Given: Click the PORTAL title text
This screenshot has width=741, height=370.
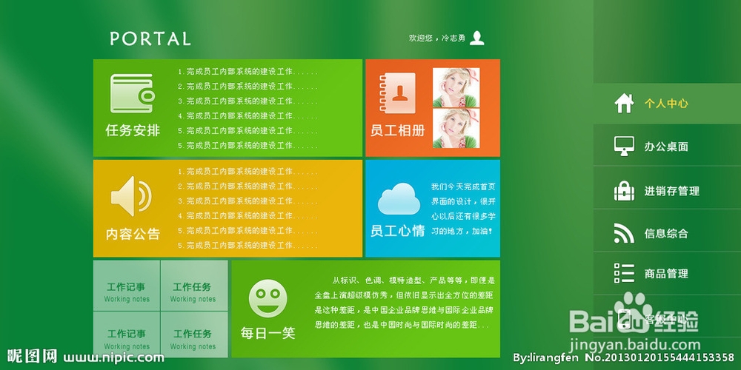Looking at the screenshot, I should (x=150, y=38).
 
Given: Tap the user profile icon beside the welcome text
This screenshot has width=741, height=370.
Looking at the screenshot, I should (x=477, y=38).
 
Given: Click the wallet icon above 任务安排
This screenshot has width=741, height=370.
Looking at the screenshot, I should (x=132, y=93).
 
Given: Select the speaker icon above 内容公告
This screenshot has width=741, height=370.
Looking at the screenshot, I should (x=131, y=196).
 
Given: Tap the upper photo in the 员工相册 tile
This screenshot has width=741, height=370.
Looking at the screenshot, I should (x=456, y=87).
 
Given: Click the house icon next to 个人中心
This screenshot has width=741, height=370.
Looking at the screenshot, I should (x=624, y=103).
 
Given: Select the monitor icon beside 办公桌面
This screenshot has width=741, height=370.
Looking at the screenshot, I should (x=624, y=146).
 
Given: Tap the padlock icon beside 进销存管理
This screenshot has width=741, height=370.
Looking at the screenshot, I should (x=624, y=190).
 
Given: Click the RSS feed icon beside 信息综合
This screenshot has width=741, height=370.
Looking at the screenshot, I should (x=624, y=233).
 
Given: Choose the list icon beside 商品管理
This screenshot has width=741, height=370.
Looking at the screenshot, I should (x=624, y=273).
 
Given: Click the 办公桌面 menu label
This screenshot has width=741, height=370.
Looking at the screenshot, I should (x=666, y=147).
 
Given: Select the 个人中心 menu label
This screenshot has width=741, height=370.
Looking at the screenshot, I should (x=666, y=104).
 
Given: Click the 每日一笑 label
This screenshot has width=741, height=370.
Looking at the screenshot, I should (x=268, y=333).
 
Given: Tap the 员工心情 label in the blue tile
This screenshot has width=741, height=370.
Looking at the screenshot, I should (x=398, y=231).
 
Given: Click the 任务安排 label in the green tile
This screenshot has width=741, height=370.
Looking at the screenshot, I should (x=133, y=130).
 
